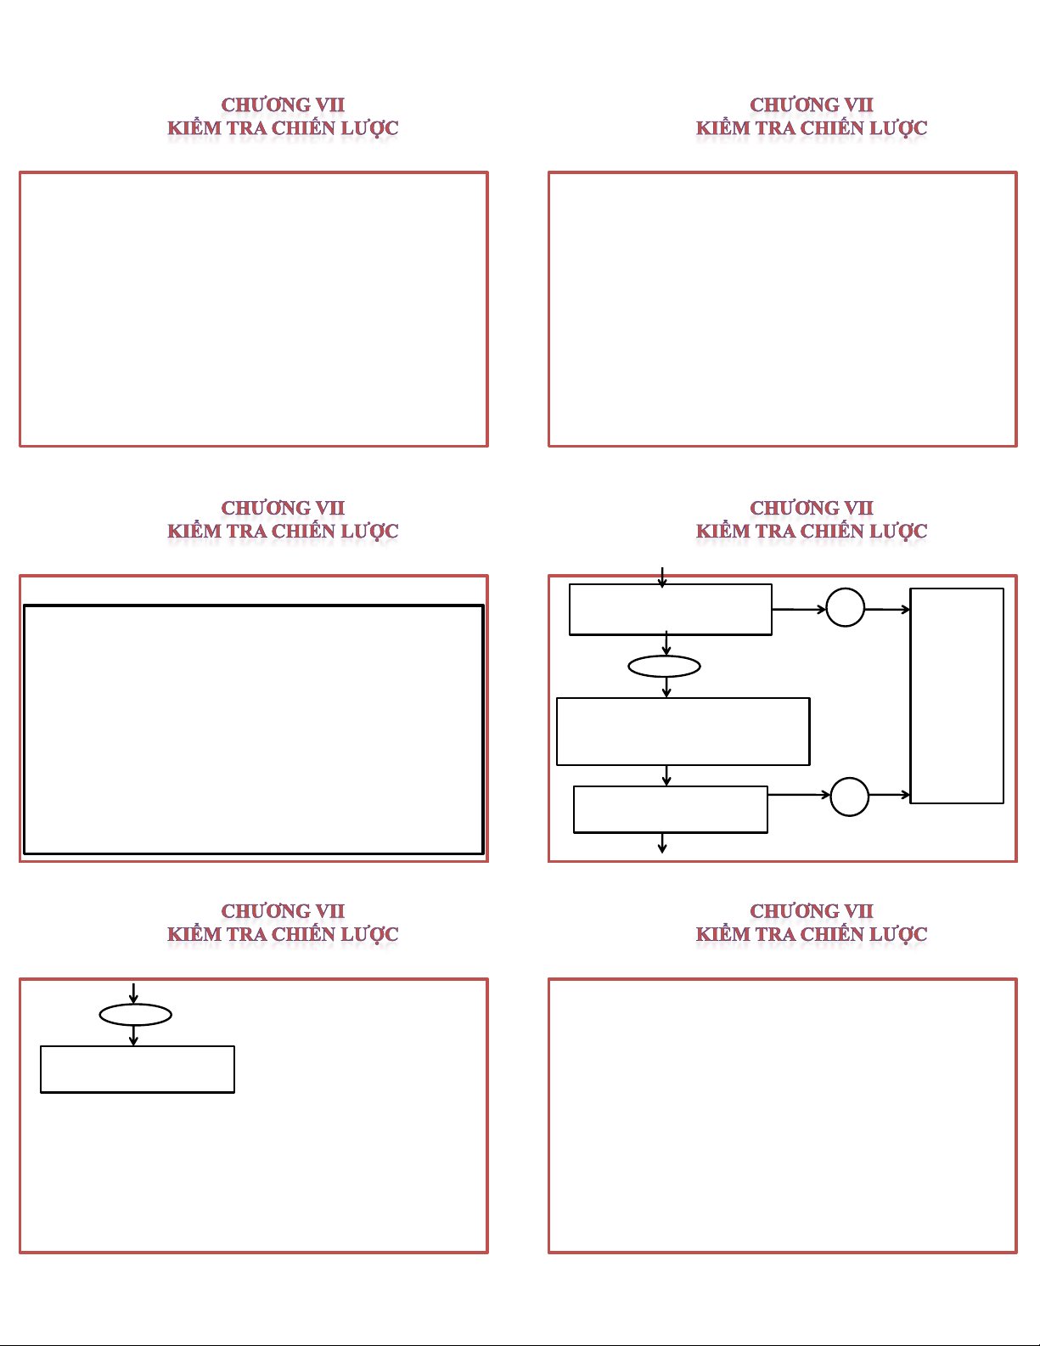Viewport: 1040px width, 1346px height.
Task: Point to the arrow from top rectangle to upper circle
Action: point(799,610)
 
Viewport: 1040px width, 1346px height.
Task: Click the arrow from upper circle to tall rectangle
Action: point(887,610)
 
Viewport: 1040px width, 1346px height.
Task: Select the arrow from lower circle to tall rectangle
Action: point(890,795)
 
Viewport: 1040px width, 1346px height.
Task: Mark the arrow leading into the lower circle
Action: point(799,795)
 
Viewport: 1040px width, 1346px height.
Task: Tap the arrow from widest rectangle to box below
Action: point(666,775)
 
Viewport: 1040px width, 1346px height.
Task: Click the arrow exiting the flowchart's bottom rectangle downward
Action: point(662,843)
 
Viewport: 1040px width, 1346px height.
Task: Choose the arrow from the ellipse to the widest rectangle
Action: point(666,688)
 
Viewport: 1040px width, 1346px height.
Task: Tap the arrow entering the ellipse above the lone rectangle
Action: point(133,994)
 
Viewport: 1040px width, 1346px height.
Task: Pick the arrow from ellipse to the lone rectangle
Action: point(134,1036)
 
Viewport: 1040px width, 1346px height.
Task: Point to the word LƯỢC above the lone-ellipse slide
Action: point(369,934)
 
